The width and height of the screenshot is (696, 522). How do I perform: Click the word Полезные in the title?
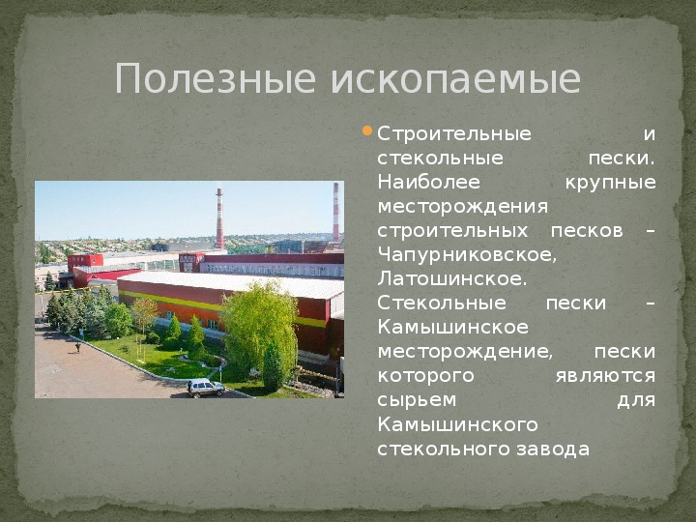(x=215, y=78)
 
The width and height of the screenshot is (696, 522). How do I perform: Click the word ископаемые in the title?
(x=456, y=78)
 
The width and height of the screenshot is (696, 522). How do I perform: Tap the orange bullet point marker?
(x=367, y=130)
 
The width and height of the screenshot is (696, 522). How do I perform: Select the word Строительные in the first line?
(x=454, y=134)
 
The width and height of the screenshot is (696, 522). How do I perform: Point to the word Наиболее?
(x=429, y=183)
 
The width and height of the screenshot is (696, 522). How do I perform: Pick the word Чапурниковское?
(x=467, y=255)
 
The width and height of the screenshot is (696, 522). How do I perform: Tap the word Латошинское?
(x=451, y=279)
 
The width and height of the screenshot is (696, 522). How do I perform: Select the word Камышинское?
(x=453, y=328)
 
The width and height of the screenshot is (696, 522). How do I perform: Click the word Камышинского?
(x=457, y=424)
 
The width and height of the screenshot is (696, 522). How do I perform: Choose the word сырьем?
(x=417, y=400)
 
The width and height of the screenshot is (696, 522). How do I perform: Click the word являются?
(x=605, y=376)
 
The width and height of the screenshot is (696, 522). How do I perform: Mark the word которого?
(x=426, y=376)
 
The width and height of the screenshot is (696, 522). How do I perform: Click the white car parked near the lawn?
(x=206, y=388)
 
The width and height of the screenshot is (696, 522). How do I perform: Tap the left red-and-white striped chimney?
(x=219, y=218)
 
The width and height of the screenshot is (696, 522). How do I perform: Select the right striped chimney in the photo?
(x=336, y=212)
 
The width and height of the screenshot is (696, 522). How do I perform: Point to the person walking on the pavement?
(x=78, y=347)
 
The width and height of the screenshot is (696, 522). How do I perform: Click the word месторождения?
(x=463, y=207)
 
